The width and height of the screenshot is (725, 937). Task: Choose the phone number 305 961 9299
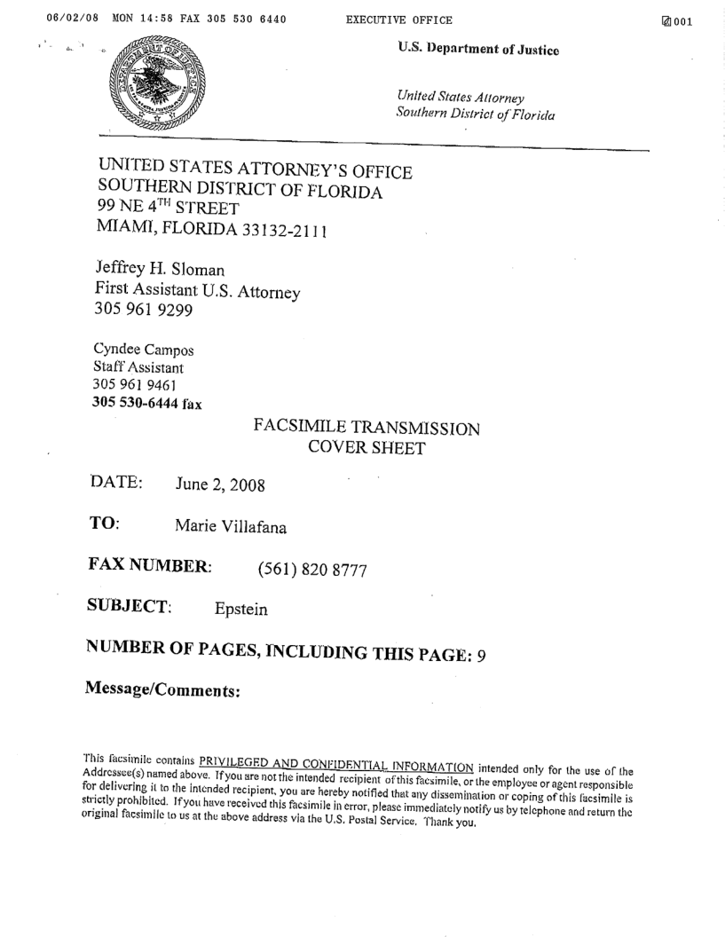(138, 311)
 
